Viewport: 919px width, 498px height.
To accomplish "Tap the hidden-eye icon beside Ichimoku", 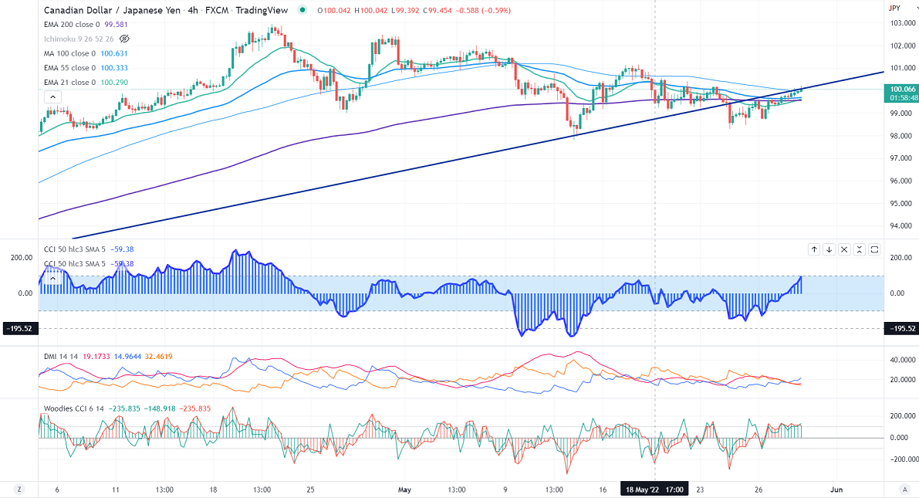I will pos(125,39).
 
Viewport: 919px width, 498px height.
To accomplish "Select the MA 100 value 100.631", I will pos(115,53).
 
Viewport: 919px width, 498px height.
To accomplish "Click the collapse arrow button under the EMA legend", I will pos(51,97).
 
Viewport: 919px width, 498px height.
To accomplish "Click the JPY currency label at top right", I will pos(895,8).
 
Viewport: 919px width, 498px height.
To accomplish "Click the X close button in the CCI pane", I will pos(844,249).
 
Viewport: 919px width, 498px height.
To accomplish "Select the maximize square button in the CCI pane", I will pos(874,249).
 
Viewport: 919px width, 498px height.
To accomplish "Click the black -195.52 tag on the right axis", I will pos(902,329).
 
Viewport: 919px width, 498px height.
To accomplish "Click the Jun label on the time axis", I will pos(836,489).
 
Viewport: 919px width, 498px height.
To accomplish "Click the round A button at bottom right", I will pos(904,489).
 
